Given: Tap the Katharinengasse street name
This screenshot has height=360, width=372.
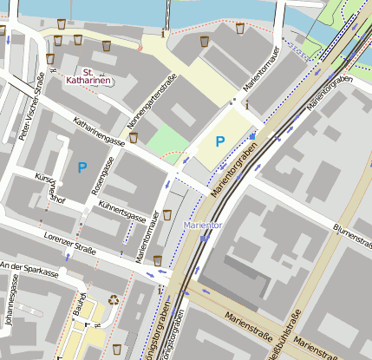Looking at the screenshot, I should tap(99, 132).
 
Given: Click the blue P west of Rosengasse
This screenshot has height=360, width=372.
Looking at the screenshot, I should tap(82, 167).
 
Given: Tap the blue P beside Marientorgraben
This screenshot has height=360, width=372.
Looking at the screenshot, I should tap(220, 141).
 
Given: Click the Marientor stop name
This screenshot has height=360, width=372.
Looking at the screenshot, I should tap(203, 226).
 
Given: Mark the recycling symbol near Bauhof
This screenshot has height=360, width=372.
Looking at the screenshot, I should tap(113, 299).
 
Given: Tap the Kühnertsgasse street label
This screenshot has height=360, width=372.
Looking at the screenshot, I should tap(121, 213).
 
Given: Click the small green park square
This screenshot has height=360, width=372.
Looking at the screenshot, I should tap(165, 140).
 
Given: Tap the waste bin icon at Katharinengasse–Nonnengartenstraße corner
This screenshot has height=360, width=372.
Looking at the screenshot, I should tap(133, 137).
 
